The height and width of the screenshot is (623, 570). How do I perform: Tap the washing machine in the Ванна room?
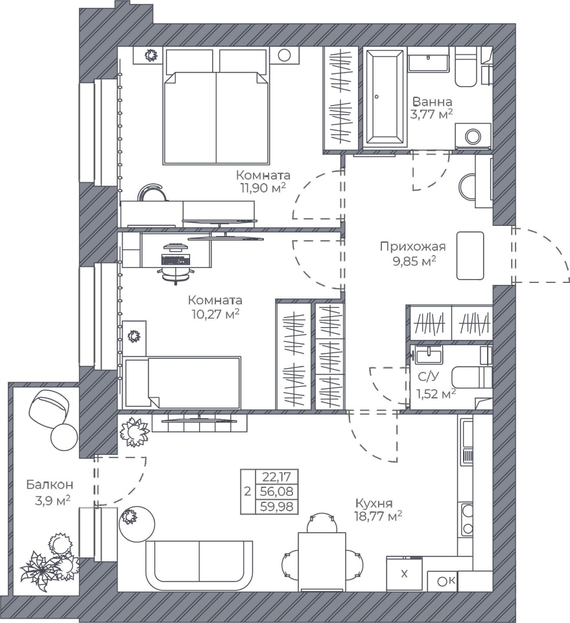pos(473,136)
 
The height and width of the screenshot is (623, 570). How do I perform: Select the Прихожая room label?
pos(413,247)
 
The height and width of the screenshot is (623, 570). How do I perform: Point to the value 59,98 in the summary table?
pos(277,506)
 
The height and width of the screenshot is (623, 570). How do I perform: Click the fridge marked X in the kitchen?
pos(404,574)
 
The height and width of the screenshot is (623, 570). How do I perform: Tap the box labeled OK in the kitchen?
pos(446,581)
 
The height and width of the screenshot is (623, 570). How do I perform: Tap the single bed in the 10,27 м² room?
pos(182,382)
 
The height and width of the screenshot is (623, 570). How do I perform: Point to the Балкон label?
pos(50,485)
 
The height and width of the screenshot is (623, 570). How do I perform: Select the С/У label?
pos(428,376)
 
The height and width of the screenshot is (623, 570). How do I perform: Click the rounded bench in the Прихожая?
pos(470,256)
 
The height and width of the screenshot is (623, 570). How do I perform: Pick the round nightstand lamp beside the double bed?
pos(284,55)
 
